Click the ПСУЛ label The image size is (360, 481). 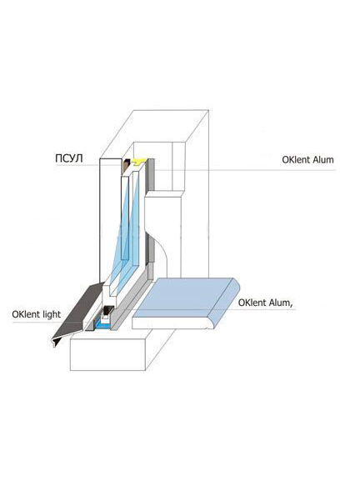[x=69, y=158]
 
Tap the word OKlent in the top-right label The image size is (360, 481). [x=295, y=159]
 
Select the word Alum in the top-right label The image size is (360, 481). [x=322, y=159]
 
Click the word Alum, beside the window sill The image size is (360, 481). [x=279, y=303]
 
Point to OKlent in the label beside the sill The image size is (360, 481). [x=252, y=303]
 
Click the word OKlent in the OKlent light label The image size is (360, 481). [x=26, y=314]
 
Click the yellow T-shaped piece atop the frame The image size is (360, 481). [x=139, y=162]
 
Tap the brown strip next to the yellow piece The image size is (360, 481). [x=127, y=166]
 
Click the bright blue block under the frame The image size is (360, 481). [x=102, y=324]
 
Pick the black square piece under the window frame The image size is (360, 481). [x=107, y=311]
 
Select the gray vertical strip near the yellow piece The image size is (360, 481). [x=151, y=175]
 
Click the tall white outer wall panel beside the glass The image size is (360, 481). [x=110, y=219]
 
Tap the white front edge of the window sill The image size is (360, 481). [x=171, y=323]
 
